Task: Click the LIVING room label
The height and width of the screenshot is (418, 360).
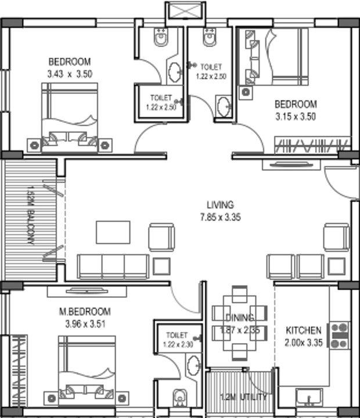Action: (220, 204)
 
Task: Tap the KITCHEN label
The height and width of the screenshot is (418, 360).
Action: (303, 330)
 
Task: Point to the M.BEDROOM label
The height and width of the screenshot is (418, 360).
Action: (85, 312)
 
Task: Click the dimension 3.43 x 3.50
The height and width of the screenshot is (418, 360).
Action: (70, 74)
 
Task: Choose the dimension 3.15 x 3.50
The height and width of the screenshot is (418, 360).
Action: (296, 116)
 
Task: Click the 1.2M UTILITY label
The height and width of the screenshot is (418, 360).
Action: (243, 397)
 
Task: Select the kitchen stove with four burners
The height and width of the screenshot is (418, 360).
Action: (340, 335)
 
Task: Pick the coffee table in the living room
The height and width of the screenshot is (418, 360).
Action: (113, 232)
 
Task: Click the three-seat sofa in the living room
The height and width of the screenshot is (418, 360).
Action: (113, 266)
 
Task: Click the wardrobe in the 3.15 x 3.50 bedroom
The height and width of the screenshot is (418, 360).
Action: (312, 145)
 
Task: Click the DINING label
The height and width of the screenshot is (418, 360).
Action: (240, 318)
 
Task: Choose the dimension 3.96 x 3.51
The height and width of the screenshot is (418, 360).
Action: (85, 323)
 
